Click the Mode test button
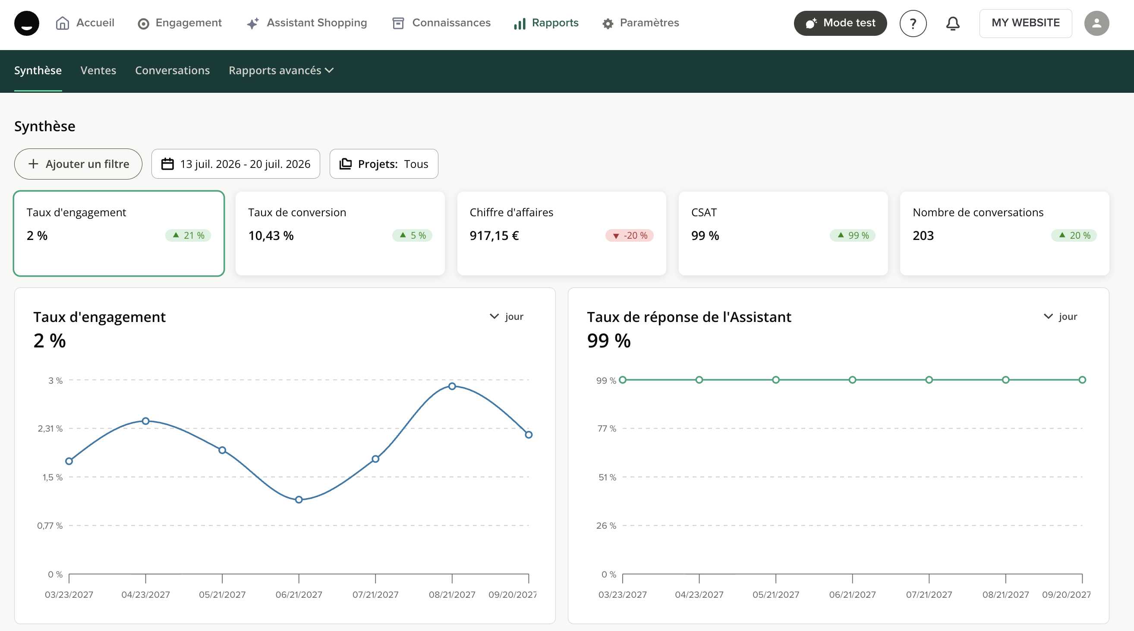tap(840, 23)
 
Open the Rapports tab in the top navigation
tap(546, 23)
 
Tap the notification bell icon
tap(953, 23)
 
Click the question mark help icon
tap(913, 23)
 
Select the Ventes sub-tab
tap(98, 70)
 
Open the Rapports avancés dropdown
tap(281, 70)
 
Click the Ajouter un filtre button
tap(79, 164)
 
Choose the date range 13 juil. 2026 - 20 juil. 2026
tap(236, 164)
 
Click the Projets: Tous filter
tap(384, 164)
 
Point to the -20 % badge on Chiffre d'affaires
tap(629, 236)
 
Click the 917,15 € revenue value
tap(494, 236)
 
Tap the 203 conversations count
tap(923, 236)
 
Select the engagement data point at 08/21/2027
tap(452, 386)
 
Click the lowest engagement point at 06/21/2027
tap(299, 500)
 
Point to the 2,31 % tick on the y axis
tap(50, 429)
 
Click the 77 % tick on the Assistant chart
tap(607, 429)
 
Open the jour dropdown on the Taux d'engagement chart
tap(507, 317)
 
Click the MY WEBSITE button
tap(1026, 23)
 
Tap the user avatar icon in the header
tap(1096, 23)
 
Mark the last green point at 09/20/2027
tap(1082, 380)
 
